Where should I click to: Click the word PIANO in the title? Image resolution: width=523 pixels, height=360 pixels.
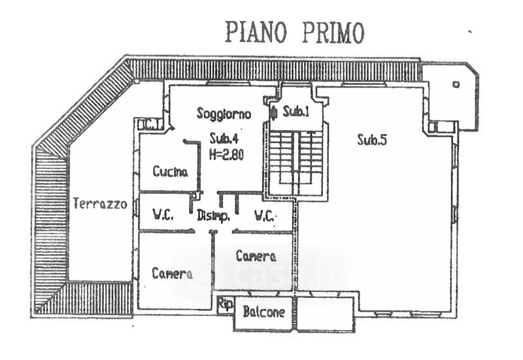pyautogui.click(x=256, y=32)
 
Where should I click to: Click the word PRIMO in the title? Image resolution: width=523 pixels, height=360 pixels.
pyautogui.click(x=333, y=32)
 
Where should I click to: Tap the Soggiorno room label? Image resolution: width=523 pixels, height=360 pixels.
pyautogui.click(x=224, y=114)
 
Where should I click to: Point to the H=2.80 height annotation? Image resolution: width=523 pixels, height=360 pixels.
pyautogui.click(x=226, y=154)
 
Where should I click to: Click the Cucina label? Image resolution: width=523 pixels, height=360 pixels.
pyautogui.click(x=170, y=171)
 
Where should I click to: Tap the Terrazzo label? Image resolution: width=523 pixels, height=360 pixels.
pyautogui.click(x=100, y=203)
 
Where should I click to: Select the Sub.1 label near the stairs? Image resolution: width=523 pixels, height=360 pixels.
pyautogui.click(x=296, y=112)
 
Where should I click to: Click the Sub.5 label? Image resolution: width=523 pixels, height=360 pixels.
pyautogui.click(x=372, y=139)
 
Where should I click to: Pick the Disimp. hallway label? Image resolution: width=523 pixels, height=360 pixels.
pyautogui.click(x=214, y=216)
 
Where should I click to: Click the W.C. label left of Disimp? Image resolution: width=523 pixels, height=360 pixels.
pyautogui.click(x=163, y=215)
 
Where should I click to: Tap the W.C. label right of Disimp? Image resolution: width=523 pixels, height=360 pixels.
pyautogui.click(x=265, y=216)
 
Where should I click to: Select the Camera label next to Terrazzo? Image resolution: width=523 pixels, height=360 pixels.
pyautogui.click(x=172, y=273)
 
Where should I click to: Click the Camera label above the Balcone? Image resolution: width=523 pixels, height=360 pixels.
pyautogui.click(x=256, y=256)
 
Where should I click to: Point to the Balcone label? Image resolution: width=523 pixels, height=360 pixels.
pyautogui.click(x=264, y=312)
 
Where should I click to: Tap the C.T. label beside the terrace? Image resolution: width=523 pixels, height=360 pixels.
pyautogui.click(x=150, y=125)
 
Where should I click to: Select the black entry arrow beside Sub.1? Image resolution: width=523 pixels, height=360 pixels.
pyautogui.click(x=273, y=112)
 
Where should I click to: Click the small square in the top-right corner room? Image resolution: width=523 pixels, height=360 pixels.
pyautogui.click(x=456, y=84)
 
